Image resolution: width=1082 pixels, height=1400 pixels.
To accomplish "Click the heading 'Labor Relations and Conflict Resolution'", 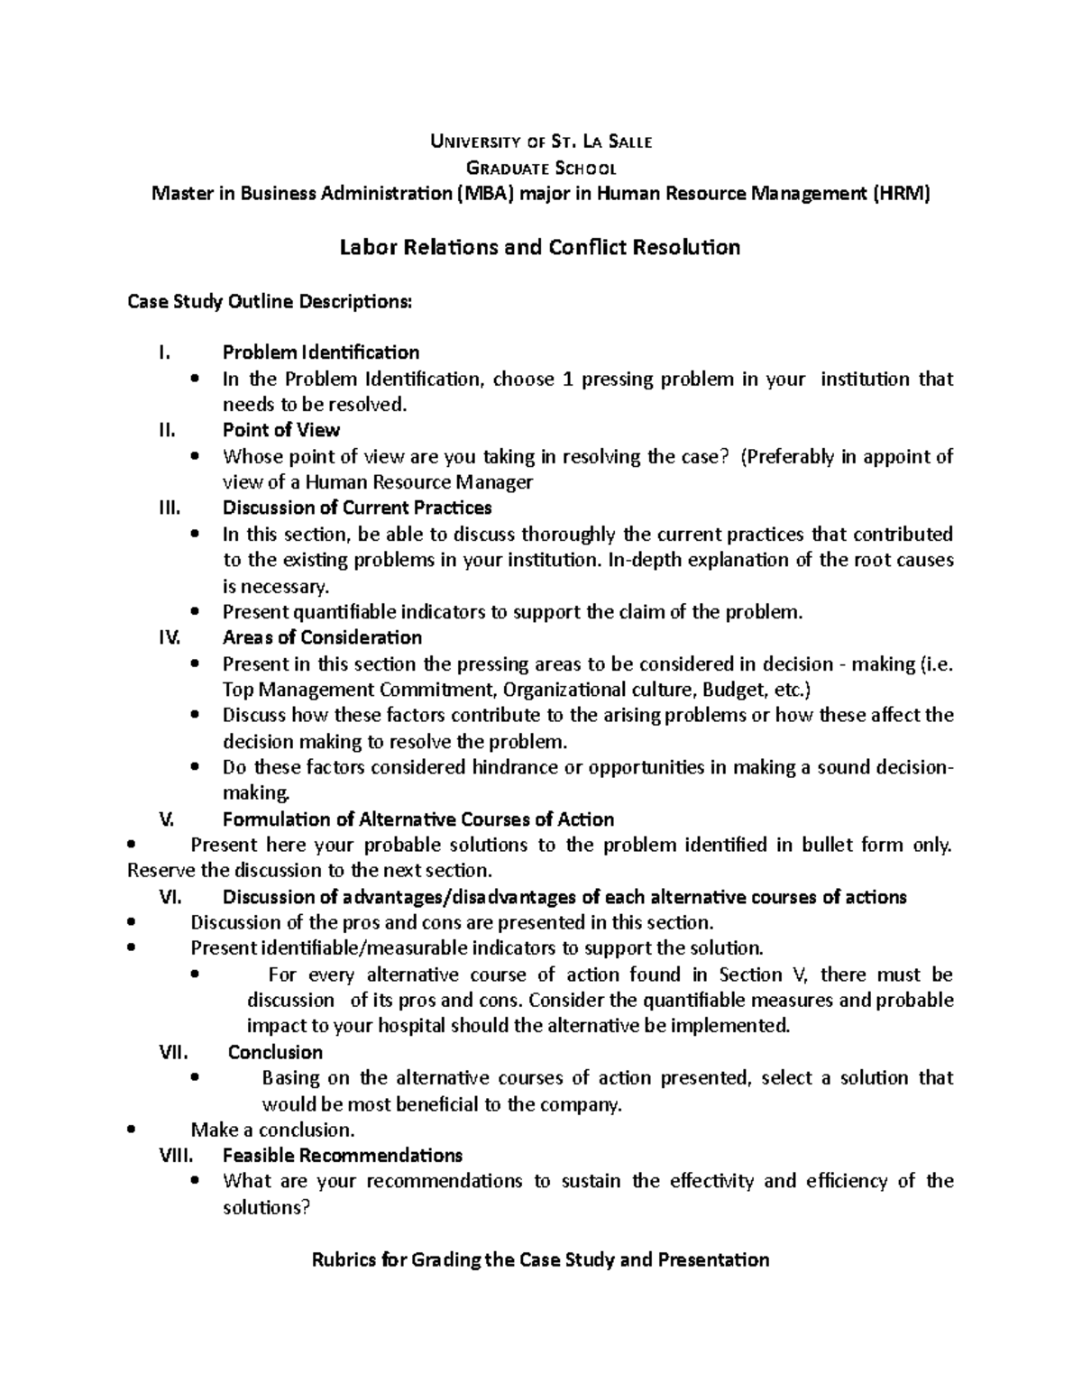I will click(539, 247).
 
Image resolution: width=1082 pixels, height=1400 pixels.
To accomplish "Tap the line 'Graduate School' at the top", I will click(540, 168).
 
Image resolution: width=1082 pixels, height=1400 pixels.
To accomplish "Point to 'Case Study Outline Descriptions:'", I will click(270, 301).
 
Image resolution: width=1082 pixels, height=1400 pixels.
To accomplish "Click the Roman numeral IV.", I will click(170, 637).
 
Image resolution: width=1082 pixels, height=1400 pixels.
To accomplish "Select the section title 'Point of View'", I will click(280, 430).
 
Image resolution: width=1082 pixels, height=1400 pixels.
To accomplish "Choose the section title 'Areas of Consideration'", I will click(322, 637).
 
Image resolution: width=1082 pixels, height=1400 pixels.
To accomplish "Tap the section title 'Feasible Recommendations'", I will click(342, 1155).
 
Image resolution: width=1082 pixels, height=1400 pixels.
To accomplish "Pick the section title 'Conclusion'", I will click(275, 1052).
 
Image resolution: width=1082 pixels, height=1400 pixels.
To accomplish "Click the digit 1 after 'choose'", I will click(567, 379).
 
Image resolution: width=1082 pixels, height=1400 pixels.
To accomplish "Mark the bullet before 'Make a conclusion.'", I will click(133, 1130).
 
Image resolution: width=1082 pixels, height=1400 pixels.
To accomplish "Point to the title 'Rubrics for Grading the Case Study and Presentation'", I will click(540, 1259).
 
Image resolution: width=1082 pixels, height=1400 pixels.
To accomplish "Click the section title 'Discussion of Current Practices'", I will click(357, 508).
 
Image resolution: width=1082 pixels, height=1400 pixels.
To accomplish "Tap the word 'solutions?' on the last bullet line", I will click(266, 1207).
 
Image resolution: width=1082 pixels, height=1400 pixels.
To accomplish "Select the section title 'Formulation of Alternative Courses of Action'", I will click(417, 819).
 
